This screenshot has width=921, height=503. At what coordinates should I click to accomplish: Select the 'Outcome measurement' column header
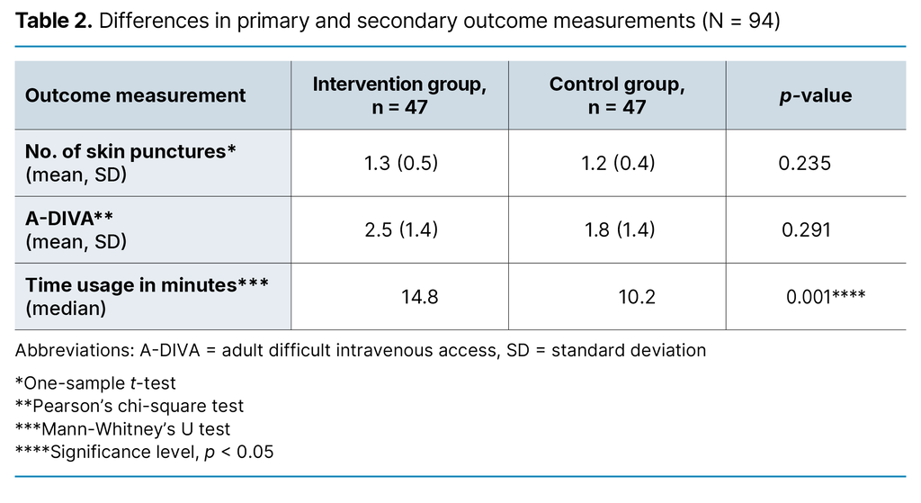click(135, 95)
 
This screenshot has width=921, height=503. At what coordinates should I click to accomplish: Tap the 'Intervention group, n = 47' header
click(399, 95)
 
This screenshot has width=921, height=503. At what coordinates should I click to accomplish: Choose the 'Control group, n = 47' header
click(617, 95)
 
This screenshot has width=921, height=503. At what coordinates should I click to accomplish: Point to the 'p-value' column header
click(815, 95)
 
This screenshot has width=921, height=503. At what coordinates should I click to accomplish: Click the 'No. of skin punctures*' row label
click(130, 152)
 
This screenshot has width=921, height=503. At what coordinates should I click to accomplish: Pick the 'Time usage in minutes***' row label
click(147, 285)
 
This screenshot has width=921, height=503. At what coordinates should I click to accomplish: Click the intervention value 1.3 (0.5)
click(401, 163)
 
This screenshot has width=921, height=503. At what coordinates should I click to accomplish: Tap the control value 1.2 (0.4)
click(620, 163)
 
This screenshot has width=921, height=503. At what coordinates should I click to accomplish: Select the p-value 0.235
click(806, 163)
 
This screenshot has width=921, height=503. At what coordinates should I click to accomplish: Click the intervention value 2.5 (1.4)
click(401, 229)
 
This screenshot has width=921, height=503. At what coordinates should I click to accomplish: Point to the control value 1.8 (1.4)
click(620, 229)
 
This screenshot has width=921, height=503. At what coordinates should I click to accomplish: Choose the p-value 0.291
click(806, 229)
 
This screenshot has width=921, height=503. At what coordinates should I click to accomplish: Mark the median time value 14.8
click(419, 296)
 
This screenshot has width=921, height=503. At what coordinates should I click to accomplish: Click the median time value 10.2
click(637, 296)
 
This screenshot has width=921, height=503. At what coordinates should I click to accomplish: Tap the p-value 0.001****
click(826, 296)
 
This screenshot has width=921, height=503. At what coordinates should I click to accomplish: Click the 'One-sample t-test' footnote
click(95, 382)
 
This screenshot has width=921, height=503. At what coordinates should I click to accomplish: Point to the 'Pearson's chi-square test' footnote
click(130, 406)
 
